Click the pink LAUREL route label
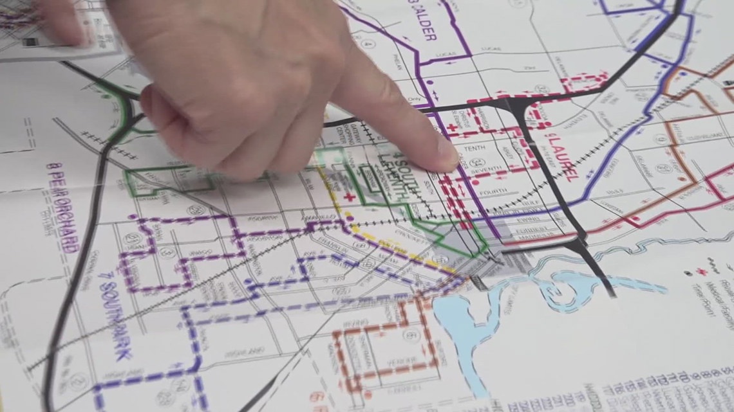pyautogui.click(x=561, y=154)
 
